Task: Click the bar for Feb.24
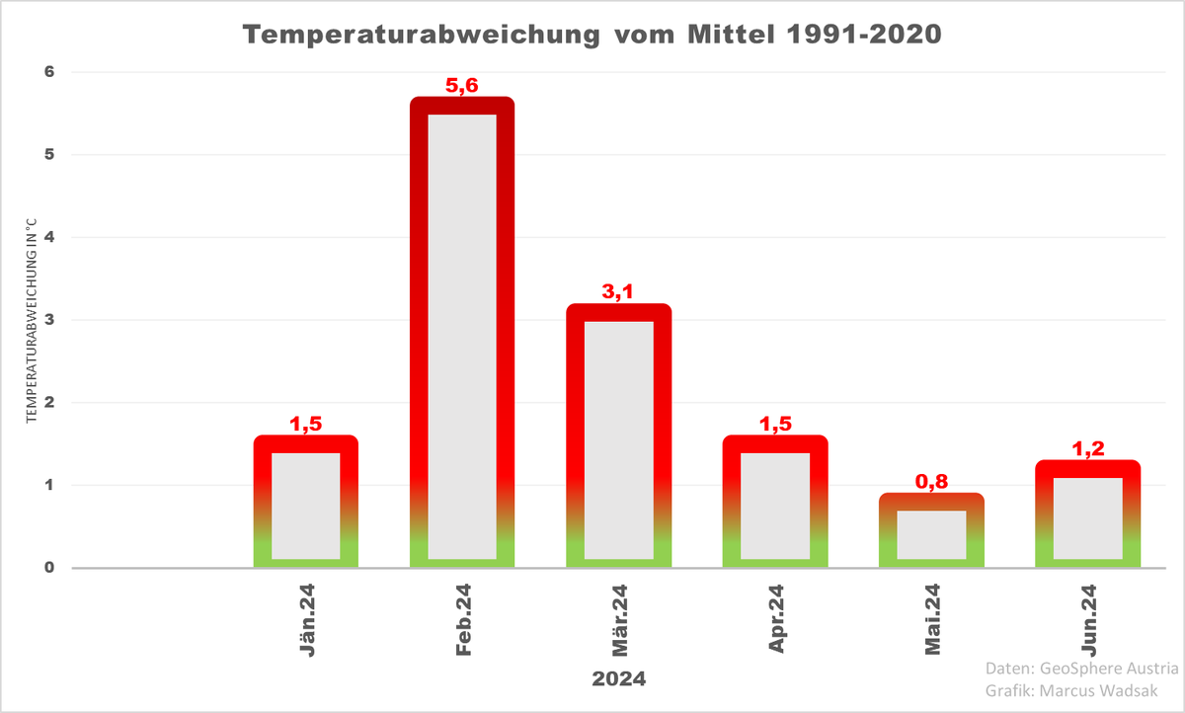coord(462,336)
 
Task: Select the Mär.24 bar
coord(619,439)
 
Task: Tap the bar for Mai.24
coord(931,533)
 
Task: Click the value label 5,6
coord(462,86)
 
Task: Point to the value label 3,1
coord(619,292)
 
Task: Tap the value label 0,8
coord(931,482)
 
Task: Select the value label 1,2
coord(1087,449)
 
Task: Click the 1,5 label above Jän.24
coord(306,425)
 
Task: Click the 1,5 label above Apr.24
coord(775,425)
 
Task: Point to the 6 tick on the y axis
coord(47,72)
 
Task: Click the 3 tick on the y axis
coord(47,320)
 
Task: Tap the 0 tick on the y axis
coord(47,568)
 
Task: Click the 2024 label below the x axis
coord(619,679)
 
